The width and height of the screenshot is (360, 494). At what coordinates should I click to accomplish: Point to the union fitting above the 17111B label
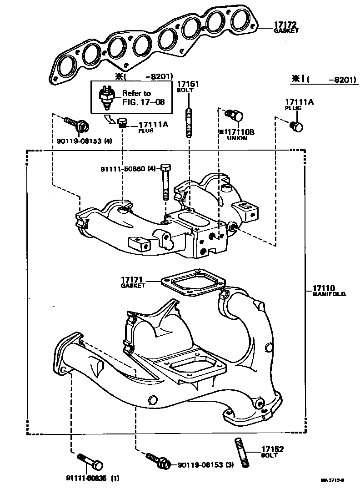coord(236,116)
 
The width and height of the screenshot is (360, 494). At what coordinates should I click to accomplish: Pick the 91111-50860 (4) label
coord(128,169)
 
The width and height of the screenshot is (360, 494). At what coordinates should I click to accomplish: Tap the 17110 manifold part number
coord(324,288)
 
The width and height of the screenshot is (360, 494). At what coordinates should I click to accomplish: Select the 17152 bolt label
coord(272,449)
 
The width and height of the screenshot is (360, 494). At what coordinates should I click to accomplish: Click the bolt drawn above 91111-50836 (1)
coord(91,461)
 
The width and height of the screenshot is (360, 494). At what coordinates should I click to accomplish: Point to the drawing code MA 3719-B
coord(332,480)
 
